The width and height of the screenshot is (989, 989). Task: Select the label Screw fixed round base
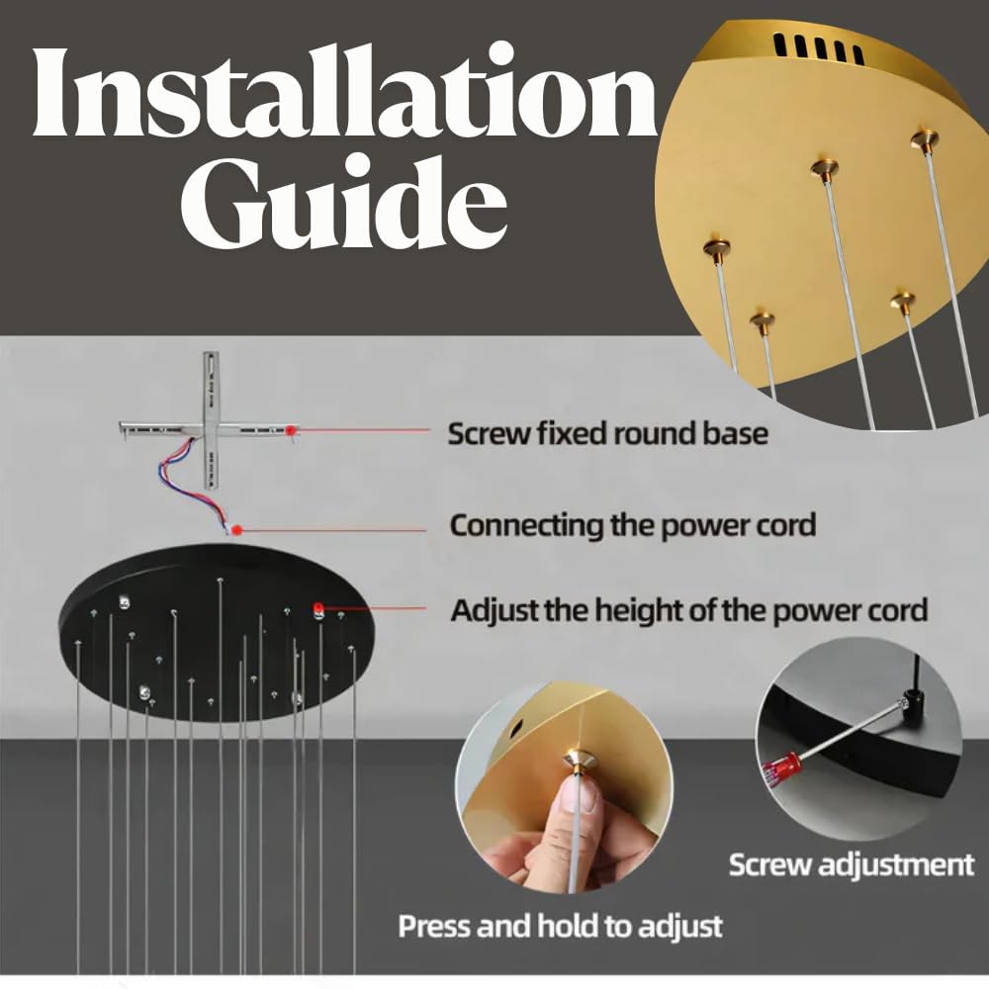[x=607, y=434]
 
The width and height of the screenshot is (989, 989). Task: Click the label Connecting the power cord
[x=633, y=525]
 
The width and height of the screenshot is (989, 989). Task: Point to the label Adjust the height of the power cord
[x=688, y=610]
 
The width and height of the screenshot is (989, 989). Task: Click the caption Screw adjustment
[x=852, y=864]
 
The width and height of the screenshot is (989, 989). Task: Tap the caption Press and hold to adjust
[x=560, y=927]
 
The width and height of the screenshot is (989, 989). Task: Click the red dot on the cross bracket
[x=291, y=430]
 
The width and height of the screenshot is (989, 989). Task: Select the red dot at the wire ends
[x=237, y=530]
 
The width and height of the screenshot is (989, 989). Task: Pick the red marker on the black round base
[x=318, y=608]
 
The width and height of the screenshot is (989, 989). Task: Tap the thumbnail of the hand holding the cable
[x=564, y=787]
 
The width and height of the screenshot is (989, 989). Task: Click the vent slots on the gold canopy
[x=818, y=49]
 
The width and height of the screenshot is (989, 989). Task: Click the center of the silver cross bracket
[x=211, y=429]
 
